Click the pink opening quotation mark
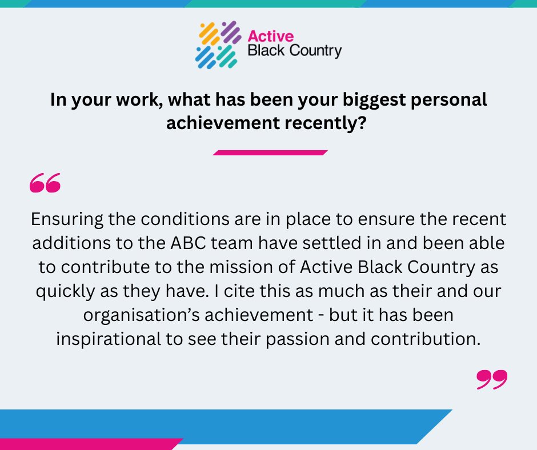45,183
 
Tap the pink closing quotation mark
491,380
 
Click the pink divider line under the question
270,152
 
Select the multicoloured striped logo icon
218,44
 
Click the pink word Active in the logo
266,35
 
